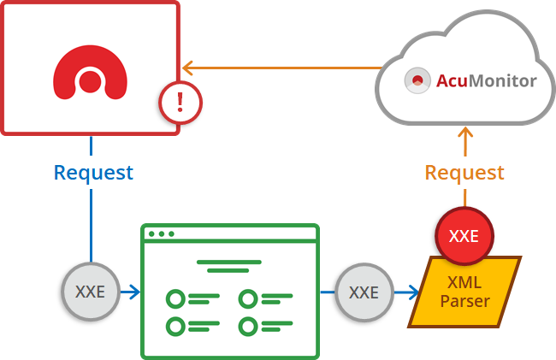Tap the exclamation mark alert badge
pyautogui.click(x=180, y=103)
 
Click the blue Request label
pyautogui.click(x=93, y=172)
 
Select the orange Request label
pyautogui.click(x=464, y=172)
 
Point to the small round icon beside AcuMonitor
pyautogui.click(x=417, y=81)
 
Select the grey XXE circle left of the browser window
pyautogui.click(x=90, y=292)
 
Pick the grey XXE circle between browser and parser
pyautogui.click(x=364, y=292)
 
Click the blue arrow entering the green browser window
pyautogui.click(x=133, y=292)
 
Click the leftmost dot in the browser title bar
pyautogui.click(x=152, y=233)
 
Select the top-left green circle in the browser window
pyautogui.click(x=175, y=298)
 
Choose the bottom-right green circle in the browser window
pyautogui.click(x=248, y=326)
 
